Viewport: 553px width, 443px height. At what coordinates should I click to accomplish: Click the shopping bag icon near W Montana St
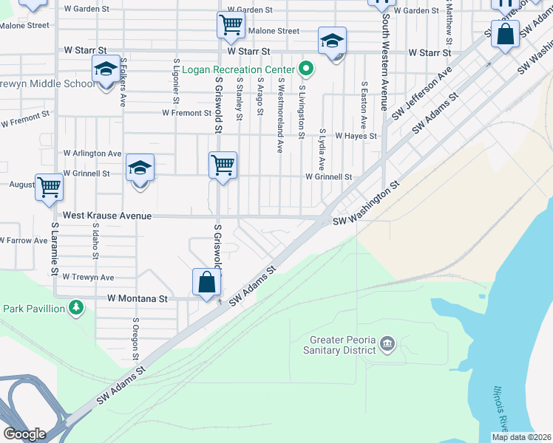point(206,282)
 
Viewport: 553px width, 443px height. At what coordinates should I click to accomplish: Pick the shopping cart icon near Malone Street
point(231,24)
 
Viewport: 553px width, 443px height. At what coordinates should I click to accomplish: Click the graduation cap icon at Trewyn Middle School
point(105,70)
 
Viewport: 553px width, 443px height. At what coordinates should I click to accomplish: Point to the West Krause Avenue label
point(107,216)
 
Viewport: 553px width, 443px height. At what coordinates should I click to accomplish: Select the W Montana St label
point(138,299)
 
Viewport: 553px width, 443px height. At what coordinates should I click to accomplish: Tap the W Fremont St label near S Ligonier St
point(187,113)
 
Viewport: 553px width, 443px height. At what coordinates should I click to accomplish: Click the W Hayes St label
point(356,136)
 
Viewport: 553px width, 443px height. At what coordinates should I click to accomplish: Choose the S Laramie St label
point(55,250)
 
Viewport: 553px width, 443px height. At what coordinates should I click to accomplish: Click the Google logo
point(25,433)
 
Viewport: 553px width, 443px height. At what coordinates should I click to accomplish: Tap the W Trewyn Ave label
point(88,277)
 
